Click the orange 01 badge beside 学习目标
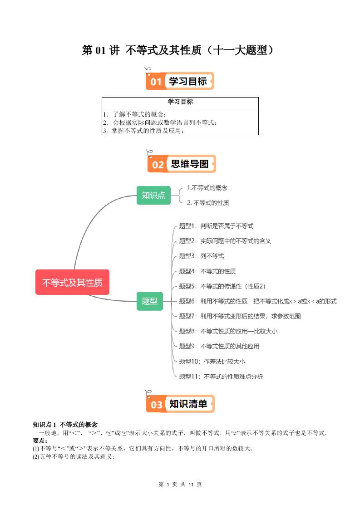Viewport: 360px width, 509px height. point(156,82)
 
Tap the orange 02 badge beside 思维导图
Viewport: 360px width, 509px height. point(158,164)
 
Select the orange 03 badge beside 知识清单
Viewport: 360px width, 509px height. point(156,404)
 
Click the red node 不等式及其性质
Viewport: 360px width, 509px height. point(72,282)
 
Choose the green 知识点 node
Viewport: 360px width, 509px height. point(153,195)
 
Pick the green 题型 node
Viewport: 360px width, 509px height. point(150,301)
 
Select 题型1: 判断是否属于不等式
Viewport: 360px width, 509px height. point(216,226)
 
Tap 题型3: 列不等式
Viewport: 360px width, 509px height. point(202,256)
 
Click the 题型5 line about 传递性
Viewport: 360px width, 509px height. point(222,286)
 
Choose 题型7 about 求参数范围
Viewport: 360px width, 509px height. point(240,316)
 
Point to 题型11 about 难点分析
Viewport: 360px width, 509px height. point(221,377)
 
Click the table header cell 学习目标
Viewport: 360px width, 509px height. point(180,102)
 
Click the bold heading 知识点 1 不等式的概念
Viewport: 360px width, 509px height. point(65,425)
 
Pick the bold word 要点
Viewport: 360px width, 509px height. point(40,440)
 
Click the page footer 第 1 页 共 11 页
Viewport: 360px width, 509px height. point(180,485)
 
